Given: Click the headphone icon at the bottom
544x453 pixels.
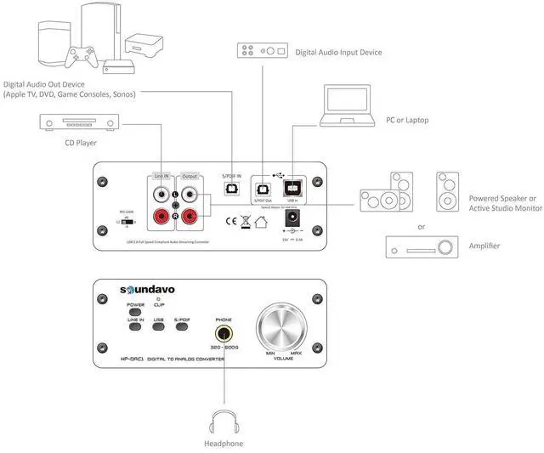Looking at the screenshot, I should (x=224, y=422).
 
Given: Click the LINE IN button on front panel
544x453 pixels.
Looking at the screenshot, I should (x=135, y=326).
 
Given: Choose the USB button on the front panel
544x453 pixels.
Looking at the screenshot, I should (x=158, y=326).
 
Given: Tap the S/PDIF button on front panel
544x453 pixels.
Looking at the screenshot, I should (x=182, y=326).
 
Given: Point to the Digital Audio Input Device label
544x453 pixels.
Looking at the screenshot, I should (x=338, y=53).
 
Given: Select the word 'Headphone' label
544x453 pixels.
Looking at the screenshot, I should (x=224, y=444).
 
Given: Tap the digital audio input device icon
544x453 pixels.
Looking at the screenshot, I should (x=260, y=50).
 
